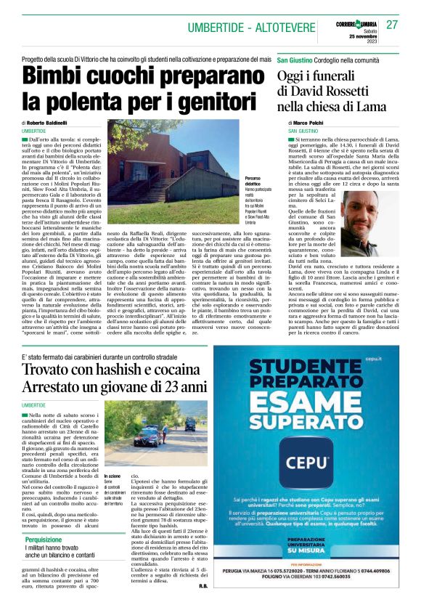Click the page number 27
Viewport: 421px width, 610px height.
[392, 25]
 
